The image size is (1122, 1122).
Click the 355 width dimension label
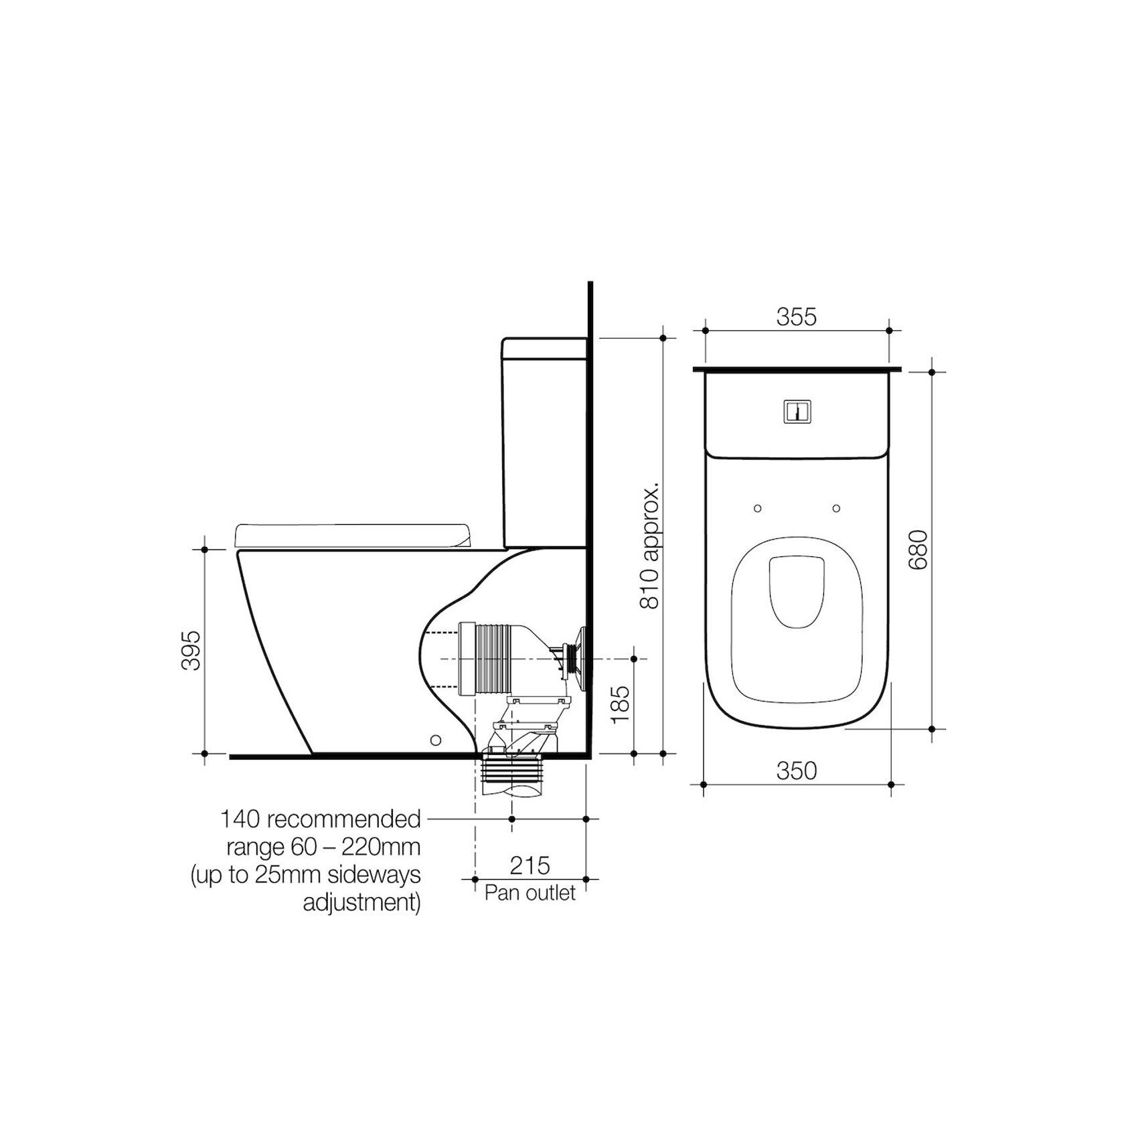point(797,316)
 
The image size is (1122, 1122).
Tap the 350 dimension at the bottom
point(797,771)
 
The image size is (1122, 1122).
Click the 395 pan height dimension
point(191,649)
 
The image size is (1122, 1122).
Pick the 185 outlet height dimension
point(620,703)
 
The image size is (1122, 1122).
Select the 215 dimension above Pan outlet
point(530,866)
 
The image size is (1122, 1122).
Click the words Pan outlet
point(530,893)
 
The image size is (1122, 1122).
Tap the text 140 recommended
point(321,819)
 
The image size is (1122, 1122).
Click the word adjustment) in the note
point(362,902)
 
